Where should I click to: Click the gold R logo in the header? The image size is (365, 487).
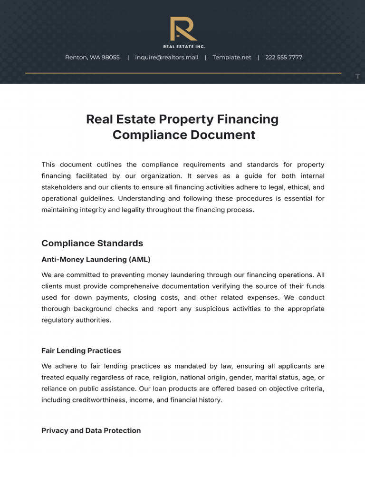point(183,29)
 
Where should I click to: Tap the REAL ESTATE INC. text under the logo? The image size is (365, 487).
point(184,47)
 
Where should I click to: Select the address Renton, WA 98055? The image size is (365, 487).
point(92,58)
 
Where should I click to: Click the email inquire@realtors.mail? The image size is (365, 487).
point(166,58)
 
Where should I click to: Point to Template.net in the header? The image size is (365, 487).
point(231,58)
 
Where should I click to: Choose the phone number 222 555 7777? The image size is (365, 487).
point(284,58)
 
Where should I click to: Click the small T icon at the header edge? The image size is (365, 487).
point(357,77)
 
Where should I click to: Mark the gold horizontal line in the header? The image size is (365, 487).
point(183,73)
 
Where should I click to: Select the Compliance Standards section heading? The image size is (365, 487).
point(92,243)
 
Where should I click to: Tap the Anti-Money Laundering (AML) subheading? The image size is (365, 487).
point(96,260)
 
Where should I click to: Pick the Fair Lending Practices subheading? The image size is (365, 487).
point(81,351)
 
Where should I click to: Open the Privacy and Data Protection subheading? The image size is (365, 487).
point(91,431)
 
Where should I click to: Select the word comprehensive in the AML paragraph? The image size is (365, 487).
point(134,286)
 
